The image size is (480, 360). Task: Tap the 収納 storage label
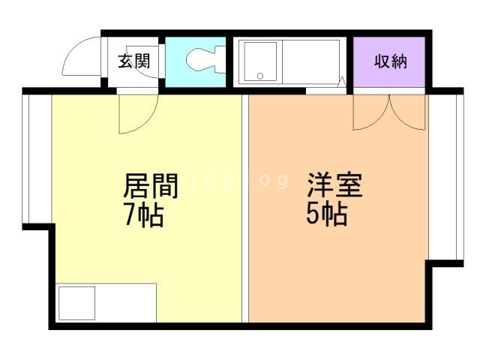click(x=390, y=61)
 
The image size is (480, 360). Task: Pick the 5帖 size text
click(x=326, y=215)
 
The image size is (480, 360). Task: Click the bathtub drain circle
click(x=260, y=76)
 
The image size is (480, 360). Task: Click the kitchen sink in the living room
click(x=75, y=303)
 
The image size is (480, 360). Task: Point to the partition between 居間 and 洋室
click(x=245, y=210)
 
